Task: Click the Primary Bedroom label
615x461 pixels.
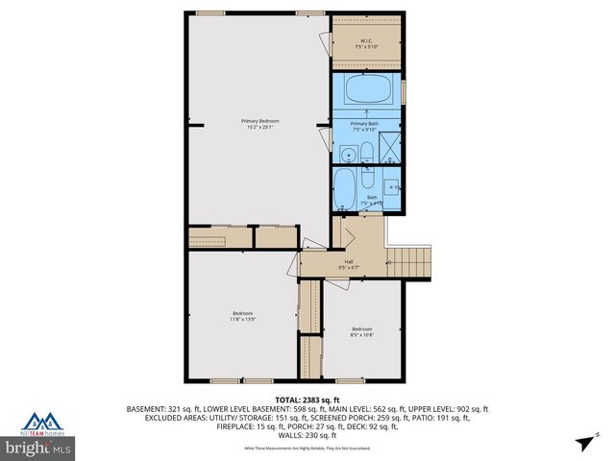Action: (x=255, y=120)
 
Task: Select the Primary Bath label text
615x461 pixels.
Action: (x=365, y=124)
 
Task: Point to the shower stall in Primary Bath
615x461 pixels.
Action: (x=388, y=150)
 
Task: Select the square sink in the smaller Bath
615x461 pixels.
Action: (x=392, y=187)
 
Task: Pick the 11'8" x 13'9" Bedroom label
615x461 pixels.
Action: (x=242, y=316)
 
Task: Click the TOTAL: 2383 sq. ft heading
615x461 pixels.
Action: (x=307, y=399)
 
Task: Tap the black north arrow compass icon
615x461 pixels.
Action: (x=584, y=443)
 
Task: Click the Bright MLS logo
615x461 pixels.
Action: (x=38, y=448)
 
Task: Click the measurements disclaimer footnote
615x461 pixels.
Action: (x=307, y=448)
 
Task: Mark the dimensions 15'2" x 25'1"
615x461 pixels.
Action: (x=255, y=127)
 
